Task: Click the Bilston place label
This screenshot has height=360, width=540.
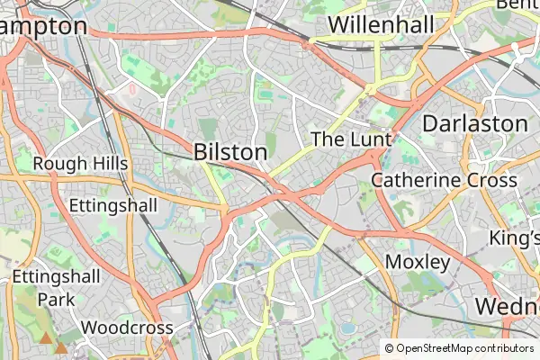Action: click(230, 152)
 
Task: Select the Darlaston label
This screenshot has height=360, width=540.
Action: click(474, 122)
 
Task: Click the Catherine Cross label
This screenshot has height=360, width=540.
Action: click(444, 180)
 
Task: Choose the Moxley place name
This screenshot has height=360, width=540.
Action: click(417, 262)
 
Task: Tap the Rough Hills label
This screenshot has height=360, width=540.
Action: click(81, 164)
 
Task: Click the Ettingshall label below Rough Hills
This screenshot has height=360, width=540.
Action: click(113, 205)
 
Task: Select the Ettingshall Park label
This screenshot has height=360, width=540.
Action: click(56, 286)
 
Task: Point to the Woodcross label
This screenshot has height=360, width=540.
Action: click(127, 328)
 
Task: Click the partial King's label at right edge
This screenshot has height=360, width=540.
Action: click(513, 238)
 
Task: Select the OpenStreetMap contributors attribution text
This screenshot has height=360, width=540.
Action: click(464, 348)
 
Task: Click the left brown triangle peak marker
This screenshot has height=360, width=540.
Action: click(45, 337)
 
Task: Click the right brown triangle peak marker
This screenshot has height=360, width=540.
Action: click(61, 346)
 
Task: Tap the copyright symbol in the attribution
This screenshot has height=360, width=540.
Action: click(390, 348)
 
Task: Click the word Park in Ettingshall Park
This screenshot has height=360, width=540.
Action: click(56, 298)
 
